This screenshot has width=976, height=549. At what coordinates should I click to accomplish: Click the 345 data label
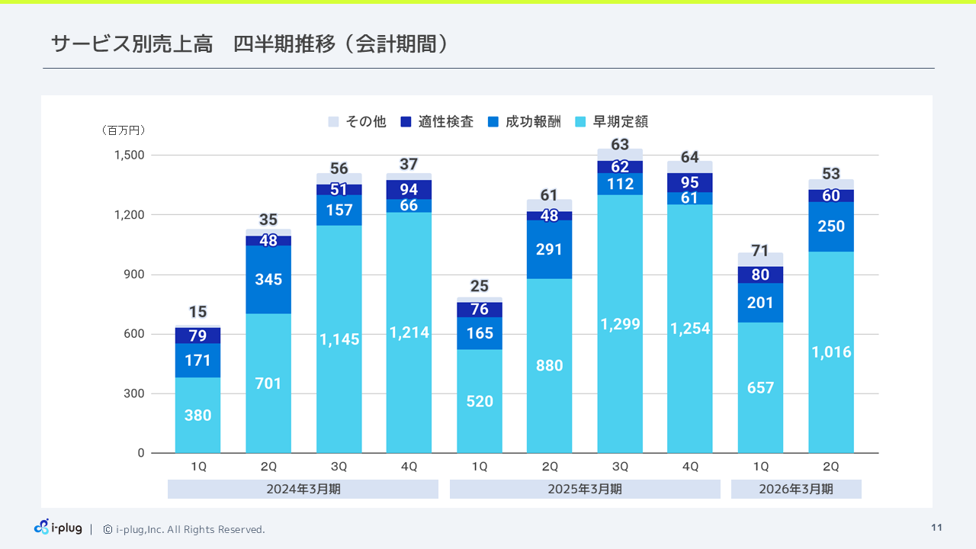coord(268,279)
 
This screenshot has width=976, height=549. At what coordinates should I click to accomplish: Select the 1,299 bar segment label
coord(620,324)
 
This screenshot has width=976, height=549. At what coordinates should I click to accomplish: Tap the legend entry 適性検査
coord(438,121)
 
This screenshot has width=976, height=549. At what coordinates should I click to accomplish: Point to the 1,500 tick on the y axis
coord(129,155)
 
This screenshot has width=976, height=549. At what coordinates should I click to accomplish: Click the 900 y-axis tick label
coord(135,274)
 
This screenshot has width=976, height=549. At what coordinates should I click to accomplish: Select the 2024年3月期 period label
coord(303,489)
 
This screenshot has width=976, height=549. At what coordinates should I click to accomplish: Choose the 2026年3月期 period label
coord(796,489)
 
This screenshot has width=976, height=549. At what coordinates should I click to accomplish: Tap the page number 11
coord(936,528)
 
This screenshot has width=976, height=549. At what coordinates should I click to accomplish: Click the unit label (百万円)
coord(124,130)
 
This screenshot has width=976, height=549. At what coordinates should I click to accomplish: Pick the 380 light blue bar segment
coord(197,416)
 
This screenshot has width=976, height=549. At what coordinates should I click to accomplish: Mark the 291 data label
coord(549,249)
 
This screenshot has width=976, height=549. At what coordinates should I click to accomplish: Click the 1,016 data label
coord(831,352)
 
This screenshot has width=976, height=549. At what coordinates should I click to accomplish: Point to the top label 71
coord(760,251)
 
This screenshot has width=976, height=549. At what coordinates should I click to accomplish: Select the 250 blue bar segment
coord(831,226)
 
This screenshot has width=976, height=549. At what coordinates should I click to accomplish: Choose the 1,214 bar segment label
coord(409,332)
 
